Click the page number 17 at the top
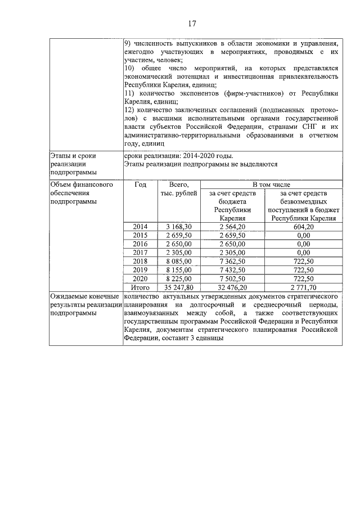pyautogui.click(x=191, y=23)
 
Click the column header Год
pyautogui.click(x=140, y=184)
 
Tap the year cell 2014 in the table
pyautogui.click(x=140, y=227)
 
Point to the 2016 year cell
pyautogui.click(x=140, y=244)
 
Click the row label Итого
pyautogui.click(x=140, y=287)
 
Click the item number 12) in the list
pyautogui.click(x=129, y=111)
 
